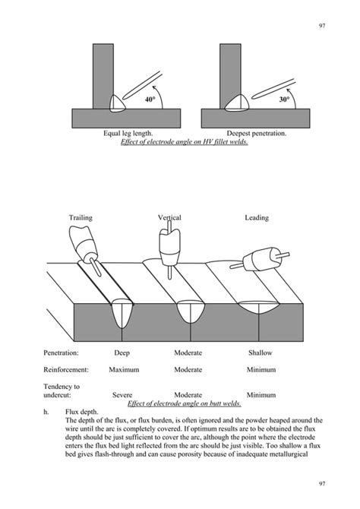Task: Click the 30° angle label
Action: coord(285,99)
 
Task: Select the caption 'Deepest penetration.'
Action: coord(257,134)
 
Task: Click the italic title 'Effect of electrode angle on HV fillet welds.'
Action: coord(185,142)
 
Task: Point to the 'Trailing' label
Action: coord(81,218)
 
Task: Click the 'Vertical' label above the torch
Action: coord(169,218)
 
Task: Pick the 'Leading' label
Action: coord(256,218)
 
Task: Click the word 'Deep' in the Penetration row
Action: coord(122,353)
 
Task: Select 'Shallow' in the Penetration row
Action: coord(260,353)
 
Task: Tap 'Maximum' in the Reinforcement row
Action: coord(123,370)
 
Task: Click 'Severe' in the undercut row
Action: coord(122,395)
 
